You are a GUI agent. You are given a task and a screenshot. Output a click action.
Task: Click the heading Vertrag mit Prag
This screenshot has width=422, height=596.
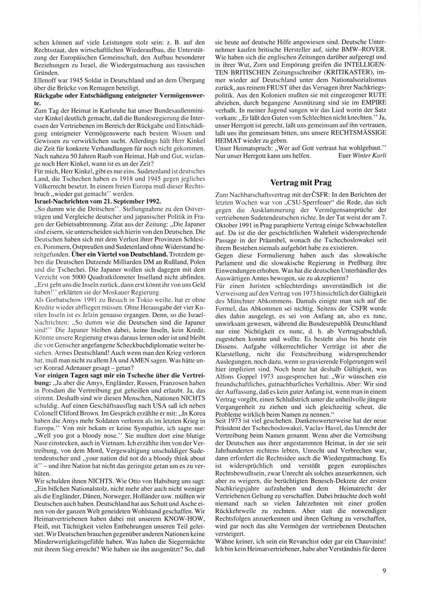click(300, 183)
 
